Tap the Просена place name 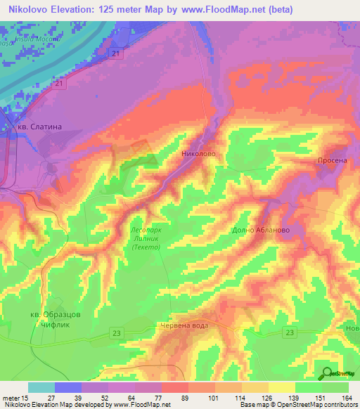coord(333,160)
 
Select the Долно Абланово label coord(260,230)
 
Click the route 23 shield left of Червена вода coord(117,333)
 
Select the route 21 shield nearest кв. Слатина coord(62,84)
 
